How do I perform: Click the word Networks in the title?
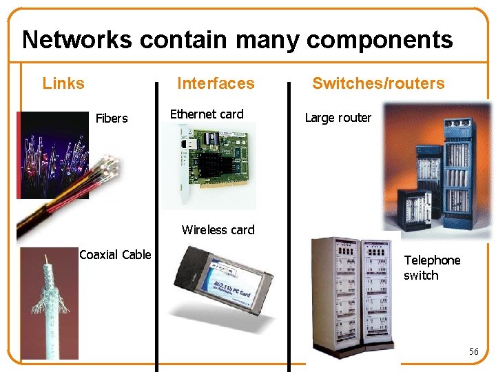[76, 40]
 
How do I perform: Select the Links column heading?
[63, 83]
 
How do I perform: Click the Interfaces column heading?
[216, 83]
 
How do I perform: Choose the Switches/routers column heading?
[378, 83]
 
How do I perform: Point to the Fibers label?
[112, 118]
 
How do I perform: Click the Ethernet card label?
[207, 114]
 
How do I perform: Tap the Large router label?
[338, 118]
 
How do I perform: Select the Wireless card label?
[218, 230]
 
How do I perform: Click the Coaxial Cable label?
[115, 255]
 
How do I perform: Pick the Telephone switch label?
[432, 268]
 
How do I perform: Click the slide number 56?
[473, 351]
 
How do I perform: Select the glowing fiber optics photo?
[52, 155]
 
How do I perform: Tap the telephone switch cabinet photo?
[351, 296]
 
